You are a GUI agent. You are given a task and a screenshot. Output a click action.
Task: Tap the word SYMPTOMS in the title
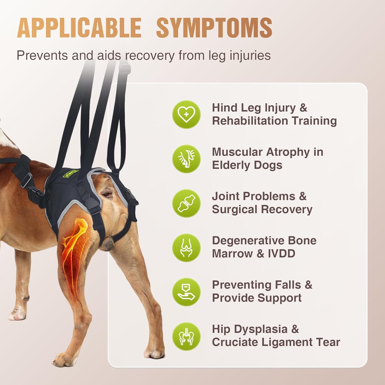coord(214,28)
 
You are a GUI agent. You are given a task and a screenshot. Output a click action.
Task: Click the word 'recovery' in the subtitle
coord(150,55)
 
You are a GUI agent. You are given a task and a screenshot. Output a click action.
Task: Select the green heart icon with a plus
coord(186,114)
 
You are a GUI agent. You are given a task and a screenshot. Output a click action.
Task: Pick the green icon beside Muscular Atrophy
coord(186,159)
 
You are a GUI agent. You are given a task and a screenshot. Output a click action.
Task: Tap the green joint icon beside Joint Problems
coord(186,203)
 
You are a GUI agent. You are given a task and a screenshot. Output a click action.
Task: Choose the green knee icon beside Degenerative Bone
coord(186,248)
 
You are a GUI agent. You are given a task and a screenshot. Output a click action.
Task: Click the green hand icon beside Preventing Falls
coord(186,292)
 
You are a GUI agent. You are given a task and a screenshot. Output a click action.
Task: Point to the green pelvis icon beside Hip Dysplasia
coord(186,336)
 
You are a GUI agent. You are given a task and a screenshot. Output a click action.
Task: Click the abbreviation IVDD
coord(282,254)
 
